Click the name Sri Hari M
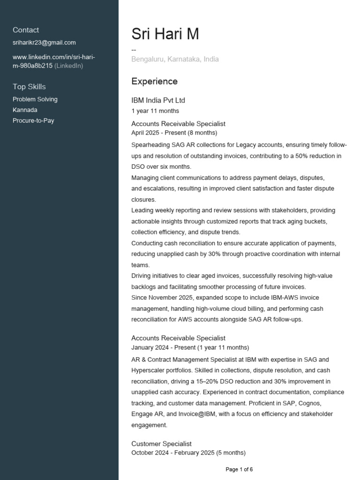(x=165, y=34)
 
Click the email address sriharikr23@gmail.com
(x=44, y=43)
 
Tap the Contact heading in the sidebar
(x=26, y=30)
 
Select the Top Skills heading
(x=29, y=87)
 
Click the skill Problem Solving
(x=35, y=99)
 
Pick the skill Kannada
(x=25, y=110)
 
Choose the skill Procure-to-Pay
(x=33, y=121)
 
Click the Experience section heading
(x=154, y=82)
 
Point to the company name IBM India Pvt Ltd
(x=158, y=100)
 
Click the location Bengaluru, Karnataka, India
(x=175, y=60)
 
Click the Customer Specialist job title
(x=161, y=444)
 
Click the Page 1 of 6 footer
(x=239, y=469)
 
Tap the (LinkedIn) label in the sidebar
(x=69, y=66)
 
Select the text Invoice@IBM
(x=189, y=414)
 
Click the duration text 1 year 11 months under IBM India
(x=155, y=111)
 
